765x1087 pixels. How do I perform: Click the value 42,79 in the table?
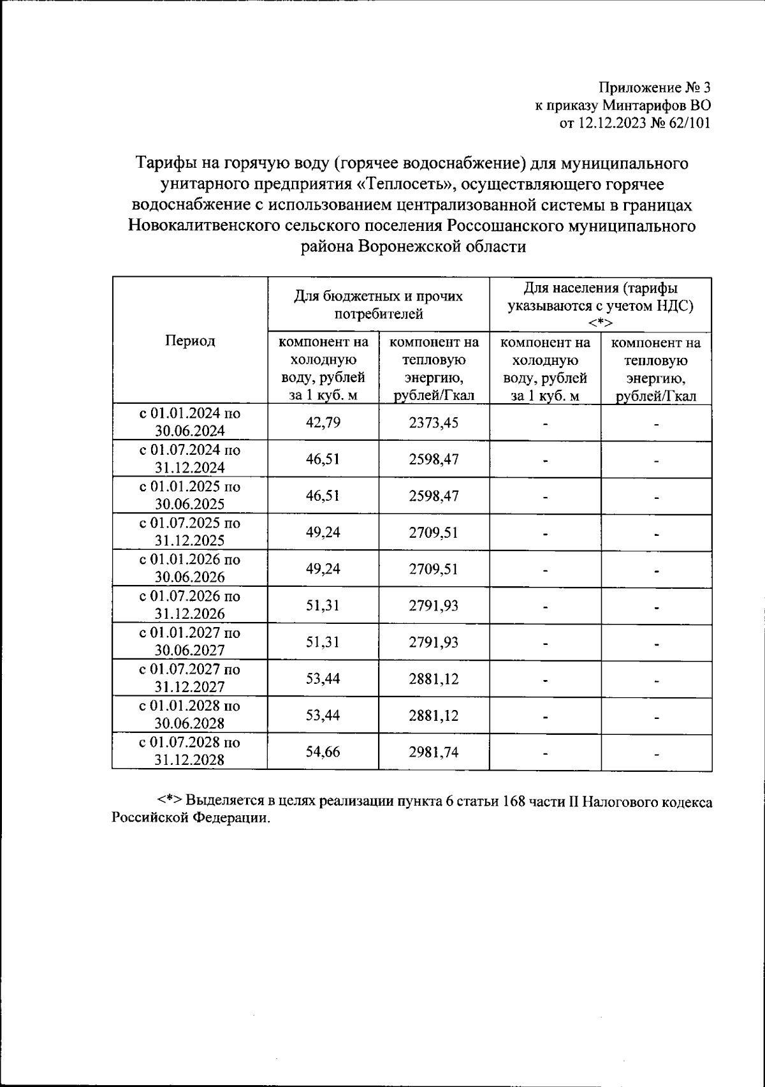pyautogui.click(x=323, y=422)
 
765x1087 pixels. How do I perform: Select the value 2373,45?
pyautogui.click(x=433, y=422)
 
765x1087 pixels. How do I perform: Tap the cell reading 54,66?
pyautogui.click(x=323, y=751)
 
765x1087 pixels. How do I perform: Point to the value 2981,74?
pyautogui.click(x=433, y=751)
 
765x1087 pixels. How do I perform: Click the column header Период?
pyautogui.click(x=190, y=341)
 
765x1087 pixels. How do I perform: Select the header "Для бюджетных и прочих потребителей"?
pyautogui.click(x=378, y=304)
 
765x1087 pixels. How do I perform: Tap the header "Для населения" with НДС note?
pyautogui.click(x=601, y=304)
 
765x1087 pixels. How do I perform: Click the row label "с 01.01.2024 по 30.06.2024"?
pyautogui.click(x=190, y=422)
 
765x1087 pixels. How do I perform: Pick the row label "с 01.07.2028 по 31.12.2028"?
pyautogui.click(x=190, y=751)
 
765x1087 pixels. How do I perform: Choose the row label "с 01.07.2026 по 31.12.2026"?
pyautogui.click(x=190, y=605)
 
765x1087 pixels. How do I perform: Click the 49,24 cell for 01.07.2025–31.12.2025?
pyautogui.click(x=323, y=532)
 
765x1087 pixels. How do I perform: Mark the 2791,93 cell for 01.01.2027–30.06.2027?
pyautogui.click(x=433, y=642)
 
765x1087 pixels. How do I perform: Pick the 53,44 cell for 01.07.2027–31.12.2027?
pyautogui.click(x=323, y=678)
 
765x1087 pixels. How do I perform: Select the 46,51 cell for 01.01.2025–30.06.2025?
pyautogui.click(x=323, y=496)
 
